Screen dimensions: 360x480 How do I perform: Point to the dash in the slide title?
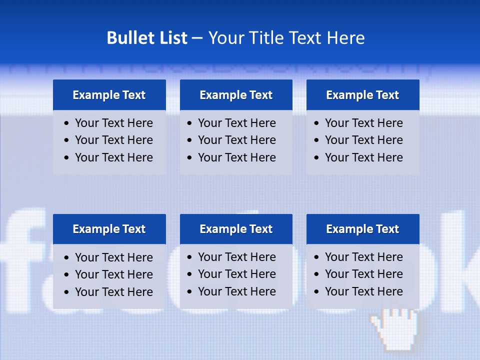click(x=197, y=38)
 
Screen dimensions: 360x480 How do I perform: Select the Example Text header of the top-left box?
click(x=109, y=95)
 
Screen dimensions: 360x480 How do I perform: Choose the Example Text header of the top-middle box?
click(x=236, y=95)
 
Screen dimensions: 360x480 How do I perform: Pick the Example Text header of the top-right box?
click(x=362, y=95)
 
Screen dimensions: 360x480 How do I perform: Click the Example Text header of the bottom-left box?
click(x=109, y=229)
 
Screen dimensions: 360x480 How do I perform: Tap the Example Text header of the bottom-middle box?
click(x=236, y=229)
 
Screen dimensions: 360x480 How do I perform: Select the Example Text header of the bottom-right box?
click(x=362, y=229)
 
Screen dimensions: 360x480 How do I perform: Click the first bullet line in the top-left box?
click(x=113, y=123)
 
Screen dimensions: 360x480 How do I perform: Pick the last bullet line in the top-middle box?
click(x=236, y=157)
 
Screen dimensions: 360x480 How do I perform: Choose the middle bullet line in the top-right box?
click(x=363, y=140)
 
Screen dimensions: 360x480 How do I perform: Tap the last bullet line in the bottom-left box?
click(x=113, y=292)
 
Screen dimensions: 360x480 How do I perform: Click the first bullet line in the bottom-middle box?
click(x=236, y=257)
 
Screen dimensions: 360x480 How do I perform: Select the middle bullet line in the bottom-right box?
click(x=363, y=274)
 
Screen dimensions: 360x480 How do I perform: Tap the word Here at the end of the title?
click(x=345, y=38)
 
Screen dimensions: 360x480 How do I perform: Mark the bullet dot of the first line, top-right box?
click(x=317, y=123)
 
